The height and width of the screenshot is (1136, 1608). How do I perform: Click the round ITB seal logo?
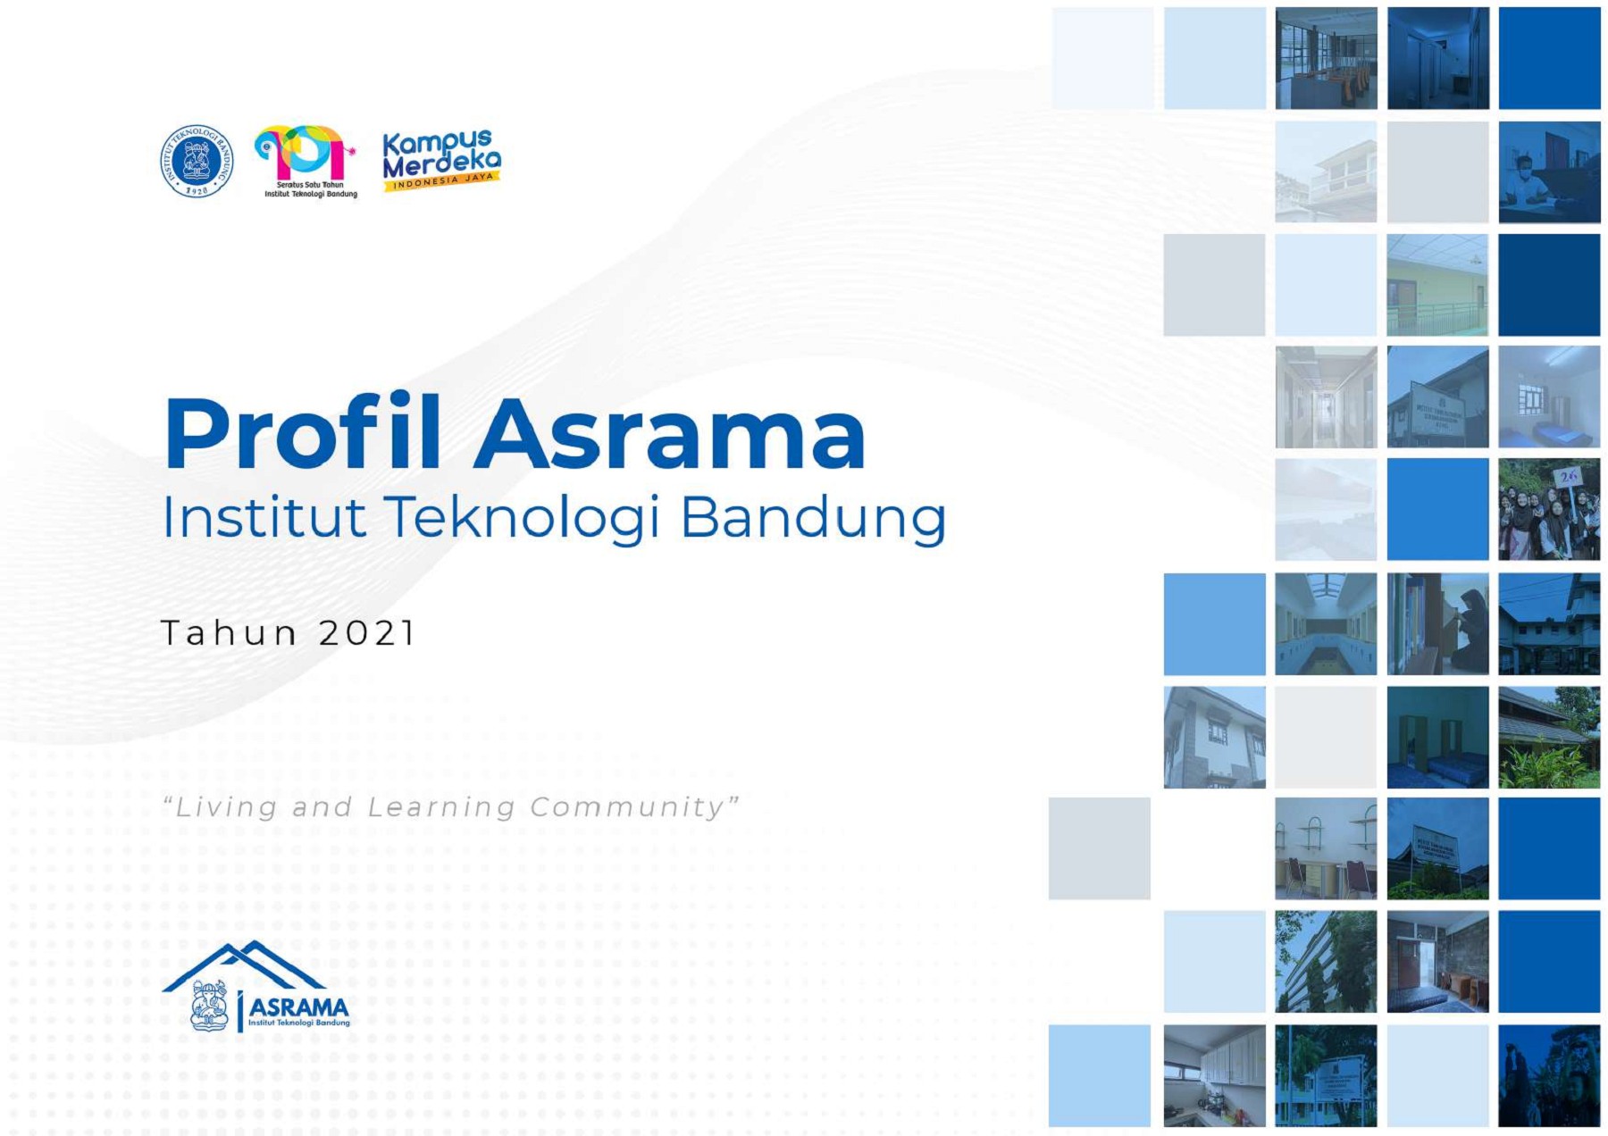tap(197, 161)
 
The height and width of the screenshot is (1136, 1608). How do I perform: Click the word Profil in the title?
tap(302, 435)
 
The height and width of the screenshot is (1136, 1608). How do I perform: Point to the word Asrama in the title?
tap(670, 435)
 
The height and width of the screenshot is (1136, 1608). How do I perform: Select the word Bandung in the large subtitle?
tap(813, 518)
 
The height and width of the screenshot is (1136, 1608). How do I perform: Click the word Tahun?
tap(229, 633)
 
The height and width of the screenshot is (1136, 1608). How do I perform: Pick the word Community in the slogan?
tap(634, 807)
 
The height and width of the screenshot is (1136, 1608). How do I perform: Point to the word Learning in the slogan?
tap(441, 807)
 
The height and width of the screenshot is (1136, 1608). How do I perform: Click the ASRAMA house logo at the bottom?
tap(256, 987)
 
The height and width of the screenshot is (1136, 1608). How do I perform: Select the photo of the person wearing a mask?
tap(1549, 172)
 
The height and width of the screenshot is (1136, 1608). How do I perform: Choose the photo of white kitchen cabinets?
tap(1214, 1075)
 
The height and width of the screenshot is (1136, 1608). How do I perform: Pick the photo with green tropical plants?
tap(1549, 738)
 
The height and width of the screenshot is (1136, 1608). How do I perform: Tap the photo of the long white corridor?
tap(1326, 397)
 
